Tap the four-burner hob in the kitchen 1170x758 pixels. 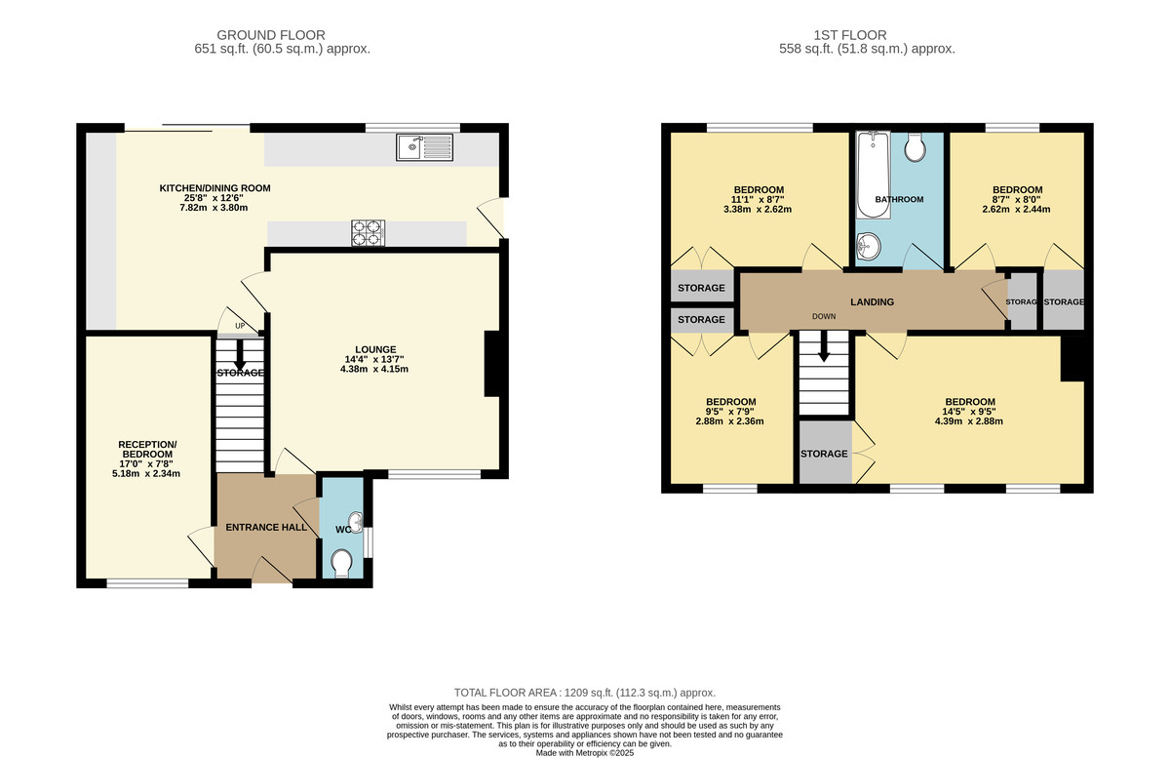coord(369,233)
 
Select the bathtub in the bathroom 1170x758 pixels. coord(872,176)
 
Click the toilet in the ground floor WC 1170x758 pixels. coord(342,563)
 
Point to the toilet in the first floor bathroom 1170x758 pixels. coord(916,147)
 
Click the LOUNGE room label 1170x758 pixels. coord(375,348)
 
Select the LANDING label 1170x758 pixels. coord(872,302)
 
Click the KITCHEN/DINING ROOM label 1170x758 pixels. coord(215,188)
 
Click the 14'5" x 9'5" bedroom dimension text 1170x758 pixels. coord(969,421)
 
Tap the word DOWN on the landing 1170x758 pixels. coord(825,317)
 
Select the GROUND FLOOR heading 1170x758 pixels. coord(271,34)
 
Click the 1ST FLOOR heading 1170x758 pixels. coord(866,34)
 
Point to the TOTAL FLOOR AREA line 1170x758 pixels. coord(585,691)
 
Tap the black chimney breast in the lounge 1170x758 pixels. coord(492,364)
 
